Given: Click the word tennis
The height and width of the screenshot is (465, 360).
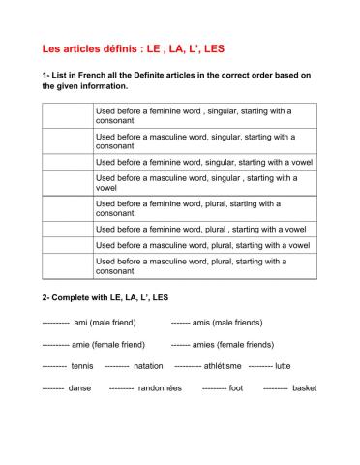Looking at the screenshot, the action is point(84,367).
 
